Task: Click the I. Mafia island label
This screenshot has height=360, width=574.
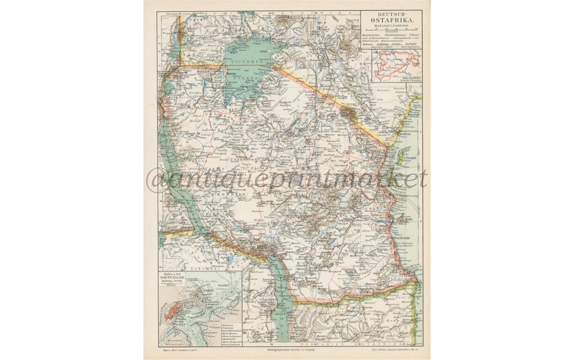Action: [x=409, y=219]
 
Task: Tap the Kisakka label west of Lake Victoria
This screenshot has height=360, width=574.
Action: [x=196, y=91]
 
